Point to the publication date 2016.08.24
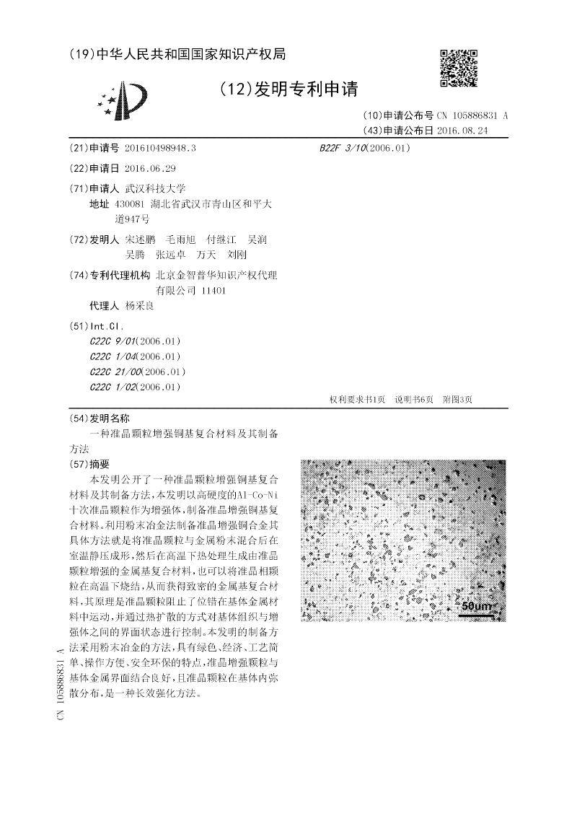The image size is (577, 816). (x=462, y=131)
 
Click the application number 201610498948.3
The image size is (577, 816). (x=160, y=148)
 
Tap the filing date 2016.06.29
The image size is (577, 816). (x=149, y=168)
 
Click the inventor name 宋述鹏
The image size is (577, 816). (x=140, y=240)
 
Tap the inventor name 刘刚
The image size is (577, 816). (x=237, y=255)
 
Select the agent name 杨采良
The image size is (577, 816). (x=139, y=305)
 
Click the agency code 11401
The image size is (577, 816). (x=215, y=290)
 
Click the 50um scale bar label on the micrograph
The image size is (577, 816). (x=476, y=606)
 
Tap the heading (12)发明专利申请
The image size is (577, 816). (x=288, y=89)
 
